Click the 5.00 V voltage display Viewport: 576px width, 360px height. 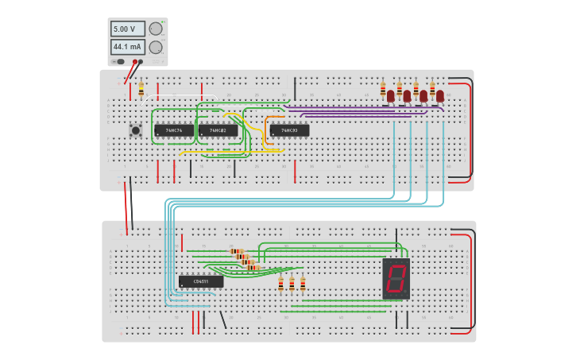[127, 29]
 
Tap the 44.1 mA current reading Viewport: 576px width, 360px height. [127, 47]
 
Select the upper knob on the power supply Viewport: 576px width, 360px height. [156, 29]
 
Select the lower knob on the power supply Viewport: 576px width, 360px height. [156, 47]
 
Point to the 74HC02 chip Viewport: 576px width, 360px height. [218, 130]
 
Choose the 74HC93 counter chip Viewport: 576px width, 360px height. [289, 130]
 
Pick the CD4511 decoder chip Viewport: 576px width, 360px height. [201, 281]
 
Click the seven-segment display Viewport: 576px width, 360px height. [396, 278]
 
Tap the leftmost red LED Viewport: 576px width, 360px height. [390, 96]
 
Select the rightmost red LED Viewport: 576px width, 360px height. [440, 96]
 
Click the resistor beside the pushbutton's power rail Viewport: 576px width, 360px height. [141, 91]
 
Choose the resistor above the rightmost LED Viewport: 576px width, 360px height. [432, 88]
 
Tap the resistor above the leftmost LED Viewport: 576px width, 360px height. [383, 88]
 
